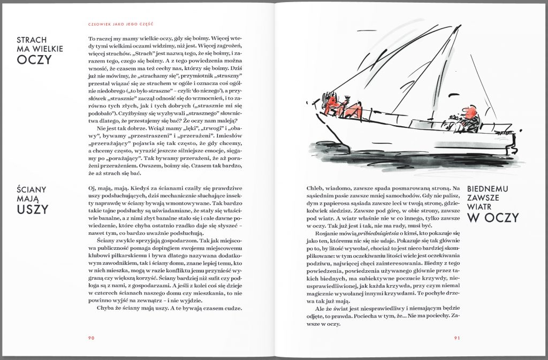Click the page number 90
tap(92, 338)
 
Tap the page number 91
tap(457, 338)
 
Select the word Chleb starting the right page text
tap(315, 188)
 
